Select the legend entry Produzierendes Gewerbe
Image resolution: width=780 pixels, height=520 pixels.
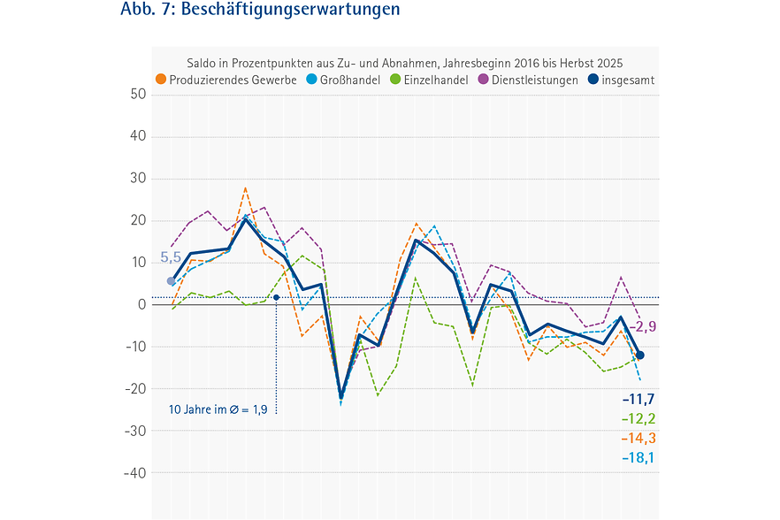point(226,80)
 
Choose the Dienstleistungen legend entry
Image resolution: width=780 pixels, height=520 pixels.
point(535,80)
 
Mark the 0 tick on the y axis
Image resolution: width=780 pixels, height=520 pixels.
point(141,305)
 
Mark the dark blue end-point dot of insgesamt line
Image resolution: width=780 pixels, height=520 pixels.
point(639,356)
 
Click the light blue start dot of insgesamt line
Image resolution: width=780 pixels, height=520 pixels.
point(171,281)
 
